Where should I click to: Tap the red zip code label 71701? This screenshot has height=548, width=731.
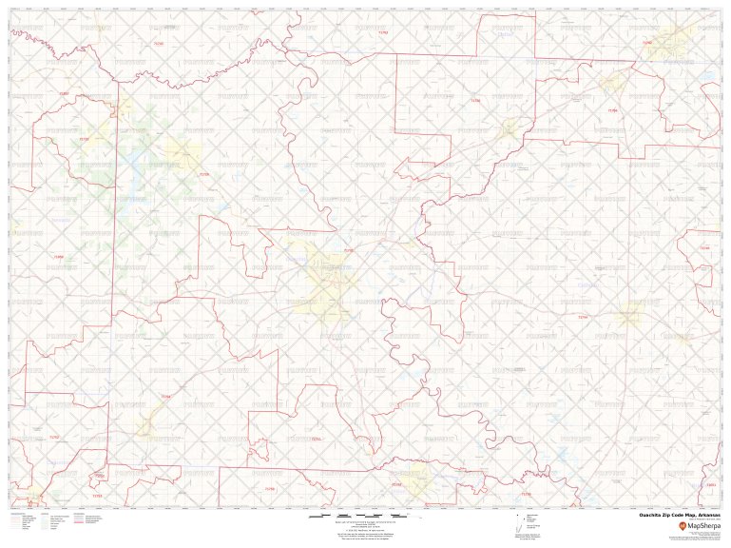click(348, 250)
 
